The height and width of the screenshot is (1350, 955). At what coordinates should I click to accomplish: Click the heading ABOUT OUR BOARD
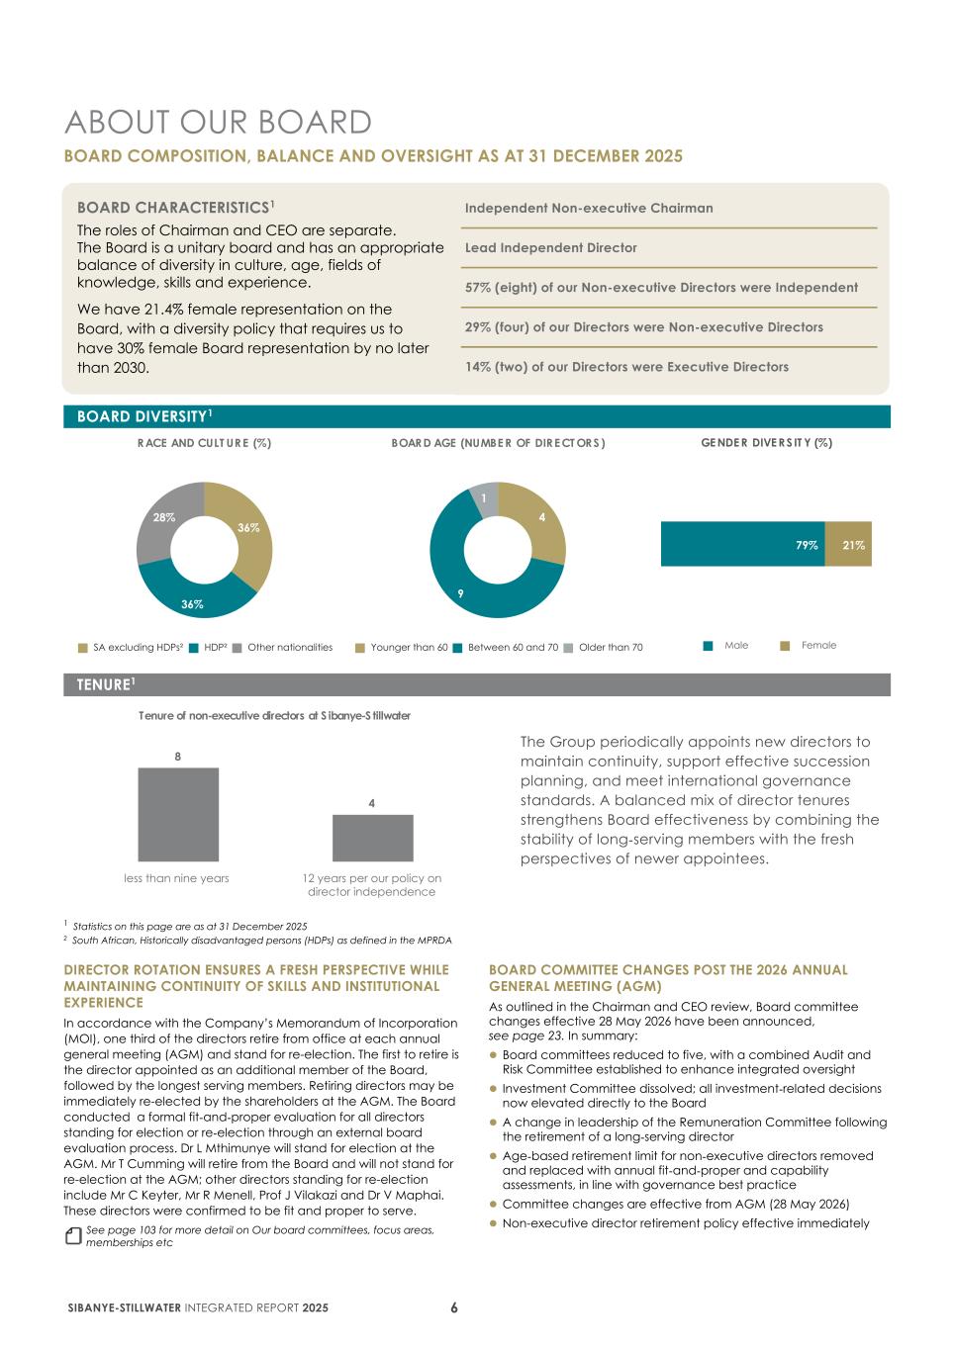[x=218, y=123]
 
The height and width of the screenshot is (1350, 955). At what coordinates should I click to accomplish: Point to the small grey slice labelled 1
[x=485, y=498]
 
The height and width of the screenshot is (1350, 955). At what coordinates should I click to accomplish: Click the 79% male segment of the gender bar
[x=742, y=544]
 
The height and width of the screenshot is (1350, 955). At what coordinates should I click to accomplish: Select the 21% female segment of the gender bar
[x=848, y=544]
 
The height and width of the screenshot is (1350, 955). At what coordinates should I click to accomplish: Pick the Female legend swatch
[x=785, y=646]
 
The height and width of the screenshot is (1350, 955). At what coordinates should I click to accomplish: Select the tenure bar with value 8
[x=178, y=814]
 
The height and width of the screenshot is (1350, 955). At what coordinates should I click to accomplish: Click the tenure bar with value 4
[x=372, y=838]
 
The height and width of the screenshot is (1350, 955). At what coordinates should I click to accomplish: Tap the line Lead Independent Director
[x=551, y=248]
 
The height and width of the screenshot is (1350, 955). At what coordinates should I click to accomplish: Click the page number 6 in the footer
[x=454, y=1307]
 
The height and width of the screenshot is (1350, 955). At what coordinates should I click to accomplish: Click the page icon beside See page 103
[x=72, y=1236]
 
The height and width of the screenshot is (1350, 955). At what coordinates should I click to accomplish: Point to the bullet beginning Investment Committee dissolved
[x=691, y=1095]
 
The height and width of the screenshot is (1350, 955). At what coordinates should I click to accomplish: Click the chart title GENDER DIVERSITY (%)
[x=766, y=443]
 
